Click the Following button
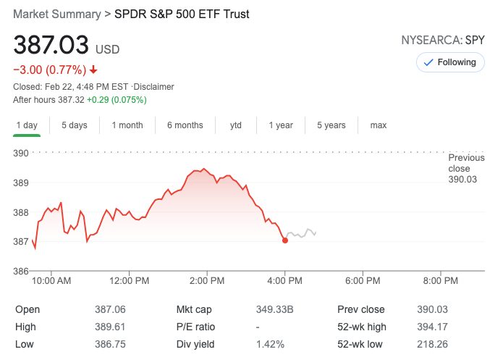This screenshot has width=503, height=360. point(449,62)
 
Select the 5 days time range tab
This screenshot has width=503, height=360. point(74,125)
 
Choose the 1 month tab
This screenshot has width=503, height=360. point(127,125)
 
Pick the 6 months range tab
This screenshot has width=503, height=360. point(185,125)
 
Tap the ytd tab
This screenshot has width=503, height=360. point(236,125)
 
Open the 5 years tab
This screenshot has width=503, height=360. point(331,125)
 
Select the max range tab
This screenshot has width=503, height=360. point(379,125)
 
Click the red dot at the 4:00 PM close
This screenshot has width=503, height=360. point(285,240)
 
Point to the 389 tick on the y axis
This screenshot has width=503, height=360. point(20,183)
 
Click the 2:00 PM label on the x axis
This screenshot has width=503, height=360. point(207,280)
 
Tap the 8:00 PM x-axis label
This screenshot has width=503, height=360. point(441,280)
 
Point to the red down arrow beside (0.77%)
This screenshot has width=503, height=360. point(93,70)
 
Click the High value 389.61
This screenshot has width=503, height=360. point(110,327)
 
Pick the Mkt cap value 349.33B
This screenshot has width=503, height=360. point(275,309)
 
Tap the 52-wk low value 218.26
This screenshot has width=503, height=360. point(433,344)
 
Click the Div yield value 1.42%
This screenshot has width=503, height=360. point(270,344)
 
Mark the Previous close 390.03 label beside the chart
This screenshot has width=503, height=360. point(463,169)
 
